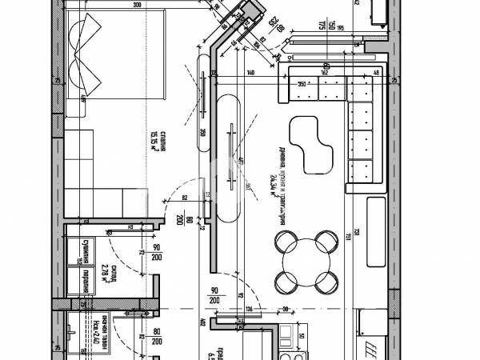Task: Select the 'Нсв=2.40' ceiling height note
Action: point(95,326)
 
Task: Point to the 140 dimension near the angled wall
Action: point(250,73)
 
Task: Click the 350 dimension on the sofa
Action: point(302,82)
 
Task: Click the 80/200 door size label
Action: point(156,337)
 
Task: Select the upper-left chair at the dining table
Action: point(284,240)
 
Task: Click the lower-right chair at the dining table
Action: point(325,281)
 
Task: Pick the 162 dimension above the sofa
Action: point(324,73)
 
